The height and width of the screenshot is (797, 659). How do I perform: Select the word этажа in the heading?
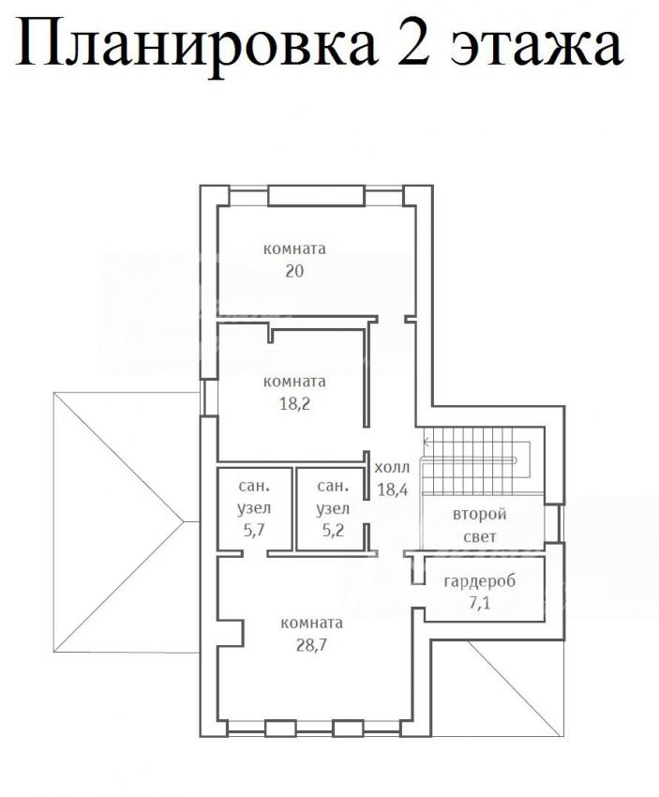(x=536, y=50)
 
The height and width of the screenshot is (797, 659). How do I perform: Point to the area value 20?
(x=294, y=271)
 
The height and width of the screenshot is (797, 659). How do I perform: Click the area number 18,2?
(x=294, y=404)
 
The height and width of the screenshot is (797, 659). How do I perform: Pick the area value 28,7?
(x=311, y=645)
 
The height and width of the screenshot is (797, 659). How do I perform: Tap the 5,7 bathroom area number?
(x=254, y=530)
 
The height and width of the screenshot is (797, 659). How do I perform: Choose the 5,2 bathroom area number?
(x=333, y=530)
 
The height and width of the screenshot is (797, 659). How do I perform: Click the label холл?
(x=392, y=468)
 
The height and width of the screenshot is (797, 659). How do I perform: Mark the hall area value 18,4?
(x=392, y=489)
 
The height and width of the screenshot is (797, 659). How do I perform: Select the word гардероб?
(x=479, y=581)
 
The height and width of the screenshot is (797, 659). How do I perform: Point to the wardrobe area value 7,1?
(x=480, y=603)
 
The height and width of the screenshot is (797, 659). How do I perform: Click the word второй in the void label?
(x=480, y=515)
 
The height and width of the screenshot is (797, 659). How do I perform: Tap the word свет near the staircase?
(x=480, y=536)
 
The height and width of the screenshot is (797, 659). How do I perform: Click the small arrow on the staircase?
(x=427, y=442)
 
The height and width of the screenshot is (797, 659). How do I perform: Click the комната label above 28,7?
(x=311, y=623)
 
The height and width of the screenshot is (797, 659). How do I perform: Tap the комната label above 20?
(x=294, y=249)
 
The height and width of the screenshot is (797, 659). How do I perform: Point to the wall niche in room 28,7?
(x=230, y=633)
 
